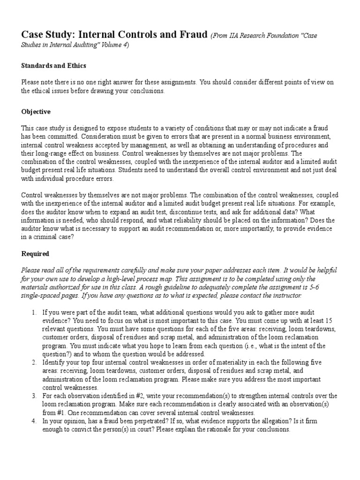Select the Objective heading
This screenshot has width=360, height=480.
(x=36, y=112)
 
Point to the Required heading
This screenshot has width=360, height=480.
(x=35, y=254)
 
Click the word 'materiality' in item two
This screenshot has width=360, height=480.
(x=209, y=363)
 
